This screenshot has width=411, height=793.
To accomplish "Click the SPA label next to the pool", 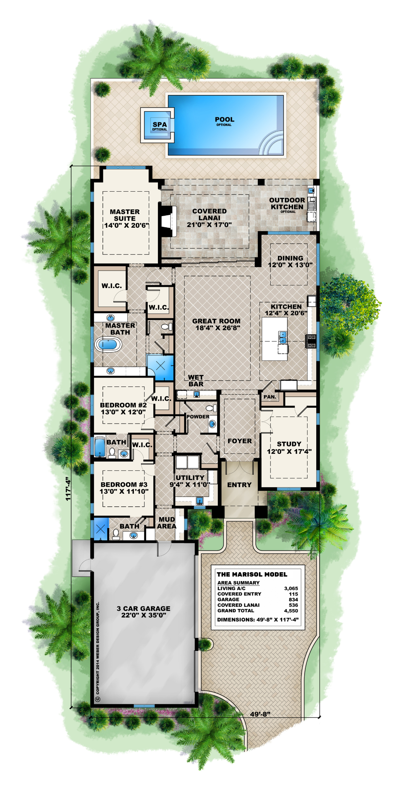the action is (x=159, y=125).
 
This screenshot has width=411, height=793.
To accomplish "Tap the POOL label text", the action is (x=224, y=120).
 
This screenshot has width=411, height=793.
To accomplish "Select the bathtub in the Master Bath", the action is (x=109, y=344).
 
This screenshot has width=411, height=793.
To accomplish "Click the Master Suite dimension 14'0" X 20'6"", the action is (x=127, y=225).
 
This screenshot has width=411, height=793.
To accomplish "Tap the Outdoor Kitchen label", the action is (x=287, y=203).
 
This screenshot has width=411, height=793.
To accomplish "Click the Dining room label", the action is (x=290, y=258).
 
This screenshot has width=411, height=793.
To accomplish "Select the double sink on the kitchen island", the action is (x=283, y=337).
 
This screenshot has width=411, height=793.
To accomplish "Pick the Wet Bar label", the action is (x=196, y=381).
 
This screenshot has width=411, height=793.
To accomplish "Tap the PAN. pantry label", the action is (x=270, y=397).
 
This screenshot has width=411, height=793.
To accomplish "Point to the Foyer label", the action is (x=240, y=441).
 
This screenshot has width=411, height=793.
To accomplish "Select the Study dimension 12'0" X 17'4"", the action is (x=289, y=451).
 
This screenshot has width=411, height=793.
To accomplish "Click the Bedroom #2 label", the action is (x=123, y=405).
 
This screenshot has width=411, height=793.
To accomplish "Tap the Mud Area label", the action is (x=167, y=523).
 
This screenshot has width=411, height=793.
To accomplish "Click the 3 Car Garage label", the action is (x=144, y=608).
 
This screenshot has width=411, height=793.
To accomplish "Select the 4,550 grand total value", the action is (x=291, y=611).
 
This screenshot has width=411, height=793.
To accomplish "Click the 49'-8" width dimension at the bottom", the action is (x=260, y=714).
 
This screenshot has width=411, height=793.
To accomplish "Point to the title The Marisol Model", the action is (x=252, y=574).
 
